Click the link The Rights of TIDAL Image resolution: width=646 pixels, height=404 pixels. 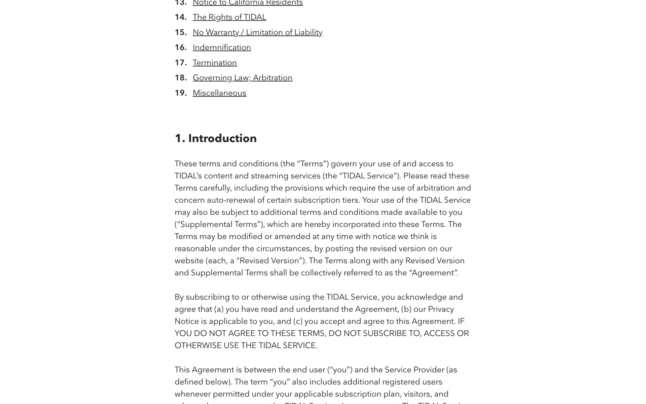(x=229, y=17)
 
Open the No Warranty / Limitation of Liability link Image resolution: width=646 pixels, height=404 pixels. (x=257, y=32)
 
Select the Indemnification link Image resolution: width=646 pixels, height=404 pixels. (x=222, y=47)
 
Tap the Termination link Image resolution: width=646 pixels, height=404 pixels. (x=215, y=63)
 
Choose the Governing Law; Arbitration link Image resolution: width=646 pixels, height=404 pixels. (x=242, y=78)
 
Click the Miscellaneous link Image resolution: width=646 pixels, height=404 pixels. (x=219, y=93)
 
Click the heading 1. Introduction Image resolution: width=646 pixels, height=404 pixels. (x=216, y=138)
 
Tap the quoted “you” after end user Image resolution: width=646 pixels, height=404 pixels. (x=340, y=370)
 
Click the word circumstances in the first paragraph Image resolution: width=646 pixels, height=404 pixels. (x=283, y=248)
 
